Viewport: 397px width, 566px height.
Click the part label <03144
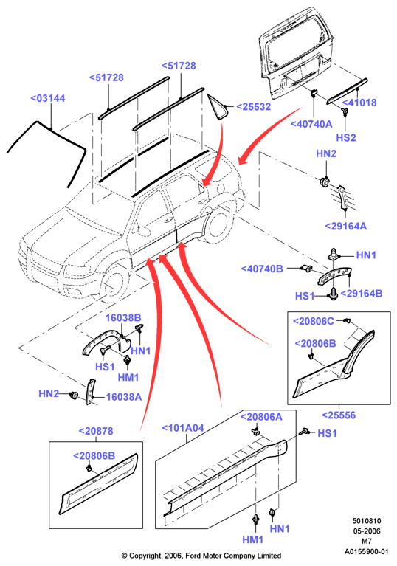tap(48, 98)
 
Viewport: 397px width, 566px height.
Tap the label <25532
tap(253, 107)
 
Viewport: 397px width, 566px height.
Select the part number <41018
tap(359, 103)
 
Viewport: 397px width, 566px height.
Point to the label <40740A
tap(311, 124)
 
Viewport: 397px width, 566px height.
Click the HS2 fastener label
tap(346, 137)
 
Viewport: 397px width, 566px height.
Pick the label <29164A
tap(346, 227)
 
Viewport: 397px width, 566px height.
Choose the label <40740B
tap(262, 269)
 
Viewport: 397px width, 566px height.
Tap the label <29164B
tap(362, 294)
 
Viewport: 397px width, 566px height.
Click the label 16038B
tap(123, 317)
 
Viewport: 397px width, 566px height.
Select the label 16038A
tap(124, 397)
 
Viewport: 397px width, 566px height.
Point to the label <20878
tap(96, 431)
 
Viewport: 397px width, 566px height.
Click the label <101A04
tap(183, 428)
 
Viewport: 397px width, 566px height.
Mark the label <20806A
tap(261, 417)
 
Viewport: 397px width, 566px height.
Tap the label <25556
tap(339, 415)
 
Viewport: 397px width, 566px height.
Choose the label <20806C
tap(314, 321)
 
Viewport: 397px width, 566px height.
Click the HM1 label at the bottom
tap(252, 539)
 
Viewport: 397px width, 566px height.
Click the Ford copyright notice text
tap(201, 556)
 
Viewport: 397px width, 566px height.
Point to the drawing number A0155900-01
tap(366, 551)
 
